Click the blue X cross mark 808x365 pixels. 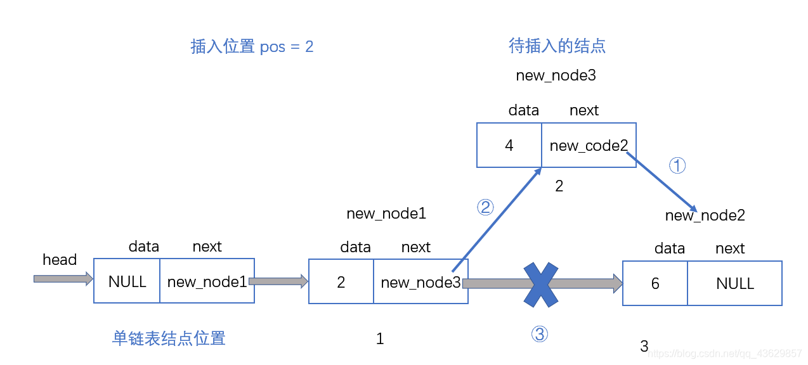(540, 283)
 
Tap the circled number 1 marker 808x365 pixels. (678, 166)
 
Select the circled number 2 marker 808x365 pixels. (485, 207)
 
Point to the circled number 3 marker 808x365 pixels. (539, 334)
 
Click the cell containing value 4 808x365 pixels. (509, 146)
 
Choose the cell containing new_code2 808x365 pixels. (589, 146)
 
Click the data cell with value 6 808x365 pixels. (655, 283)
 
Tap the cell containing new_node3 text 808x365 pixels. (420, 283)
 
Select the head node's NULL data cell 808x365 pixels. (127, 281)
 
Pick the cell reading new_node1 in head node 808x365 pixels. (207, 281)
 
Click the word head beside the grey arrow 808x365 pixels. (60, 260)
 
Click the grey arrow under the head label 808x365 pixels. (63, 279)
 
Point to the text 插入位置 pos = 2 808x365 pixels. (252, 47)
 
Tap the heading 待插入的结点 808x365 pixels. (557, 46)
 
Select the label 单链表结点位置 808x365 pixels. (169, 338)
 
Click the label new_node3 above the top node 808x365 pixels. (556, 75)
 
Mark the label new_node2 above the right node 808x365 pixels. (705, 215)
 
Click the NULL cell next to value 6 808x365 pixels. (734, 283)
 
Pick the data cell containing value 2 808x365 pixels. (341, 283)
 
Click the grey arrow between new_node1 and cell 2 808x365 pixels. (278, 281)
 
